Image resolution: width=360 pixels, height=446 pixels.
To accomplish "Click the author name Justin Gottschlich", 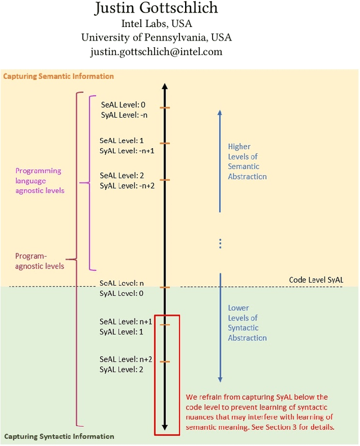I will click(156, 8).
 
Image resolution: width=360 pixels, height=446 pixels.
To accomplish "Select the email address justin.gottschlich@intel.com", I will click(156, 52).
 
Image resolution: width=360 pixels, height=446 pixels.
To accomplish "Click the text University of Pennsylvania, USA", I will click(156, 38).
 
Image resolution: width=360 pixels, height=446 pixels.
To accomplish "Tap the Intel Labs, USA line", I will click(156, 24).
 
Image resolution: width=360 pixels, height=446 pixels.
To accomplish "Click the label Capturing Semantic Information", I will click(58, 76).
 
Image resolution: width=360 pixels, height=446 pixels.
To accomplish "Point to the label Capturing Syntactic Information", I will click(59, 436).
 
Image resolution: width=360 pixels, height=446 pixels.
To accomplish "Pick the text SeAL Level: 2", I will click(122, 176).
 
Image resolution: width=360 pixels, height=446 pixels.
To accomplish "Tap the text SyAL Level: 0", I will click(121, 293).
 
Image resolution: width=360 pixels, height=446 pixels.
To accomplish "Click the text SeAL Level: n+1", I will click(126, 322).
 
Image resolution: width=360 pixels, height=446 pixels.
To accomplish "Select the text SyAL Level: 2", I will click(121, 369).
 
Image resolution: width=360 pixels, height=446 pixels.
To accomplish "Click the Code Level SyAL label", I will click(316, 280).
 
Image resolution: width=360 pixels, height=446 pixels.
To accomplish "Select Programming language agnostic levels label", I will click(39, 180).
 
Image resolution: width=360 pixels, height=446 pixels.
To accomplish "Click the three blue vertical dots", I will click(220, 243).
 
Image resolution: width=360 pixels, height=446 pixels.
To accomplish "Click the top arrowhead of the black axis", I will click(164, 87).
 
